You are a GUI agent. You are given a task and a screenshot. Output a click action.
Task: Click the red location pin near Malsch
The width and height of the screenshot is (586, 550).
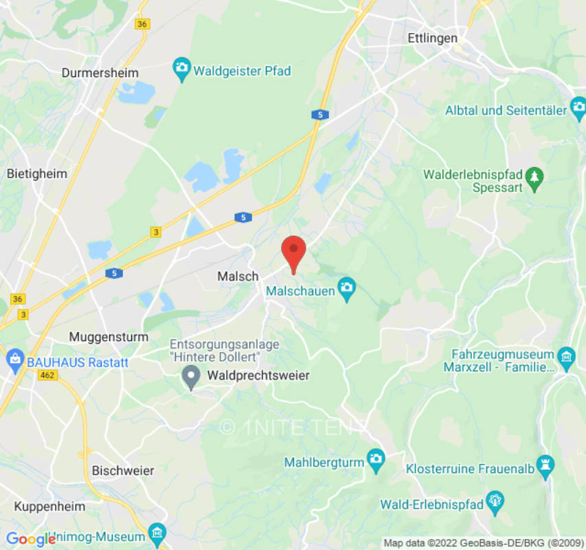(x=294, y=252)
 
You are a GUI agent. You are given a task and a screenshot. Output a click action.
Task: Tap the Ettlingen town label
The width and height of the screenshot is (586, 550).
(x=432, y=38)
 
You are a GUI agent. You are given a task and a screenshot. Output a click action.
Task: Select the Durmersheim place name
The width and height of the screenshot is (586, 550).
(x=100, y=73)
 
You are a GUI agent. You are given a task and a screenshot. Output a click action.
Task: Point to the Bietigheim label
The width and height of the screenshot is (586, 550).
(x=37, y=174)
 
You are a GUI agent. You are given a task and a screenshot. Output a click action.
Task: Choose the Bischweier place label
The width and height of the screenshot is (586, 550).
(x=123, y=471)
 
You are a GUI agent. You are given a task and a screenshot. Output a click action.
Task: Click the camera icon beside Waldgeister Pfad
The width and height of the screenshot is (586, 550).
(x=182, y=69)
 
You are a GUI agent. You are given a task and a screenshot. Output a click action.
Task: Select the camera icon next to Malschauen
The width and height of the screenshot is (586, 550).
(x=347, y=289)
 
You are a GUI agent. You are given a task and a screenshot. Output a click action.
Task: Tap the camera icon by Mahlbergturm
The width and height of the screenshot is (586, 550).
(x=376, y=460)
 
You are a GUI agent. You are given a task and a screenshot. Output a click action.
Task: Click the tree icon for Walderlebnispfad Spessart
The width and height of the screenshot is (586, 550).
(x=534, y=179)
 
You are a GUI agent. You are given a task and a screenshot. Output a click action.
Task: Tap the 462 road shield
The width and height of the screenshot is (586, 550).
(x=47, y=375)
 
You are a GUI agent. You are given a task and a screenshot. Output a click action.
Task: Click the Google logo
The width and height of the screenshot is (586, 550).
(x=30, y=539)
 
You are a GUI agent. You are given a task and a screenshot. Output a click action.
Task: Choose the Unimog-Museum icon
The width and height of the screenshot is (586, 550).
(x=157, y=533)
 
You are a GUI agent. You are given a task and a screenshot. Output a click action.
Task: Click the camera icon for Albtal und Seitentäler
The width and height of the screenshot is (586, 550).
(x=578, y=107)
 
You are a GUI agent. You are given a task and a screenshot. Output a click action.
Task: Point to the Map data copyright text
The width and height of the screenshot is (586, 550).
(x=484, y=543)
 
